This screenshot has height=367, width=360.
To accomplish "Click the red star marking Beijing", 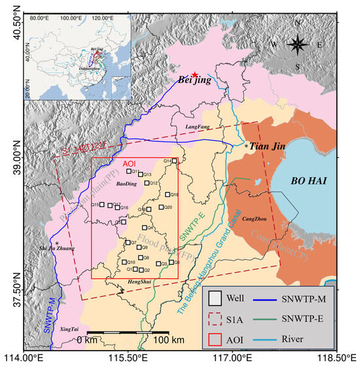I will tap(194, 76).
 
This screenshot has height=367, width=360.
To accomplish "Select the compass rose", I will tap(298, 45).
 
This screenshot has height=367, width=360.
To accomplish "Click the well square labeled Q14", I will tap(174, 160).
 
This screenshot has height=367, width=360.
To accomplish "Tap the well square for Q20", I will tap(160, 207).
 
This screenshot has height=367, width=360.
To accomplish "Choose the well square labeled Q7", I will tap(128, 243).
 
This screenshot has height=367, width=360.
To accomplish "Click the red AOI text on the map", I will tap(130, 164).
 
